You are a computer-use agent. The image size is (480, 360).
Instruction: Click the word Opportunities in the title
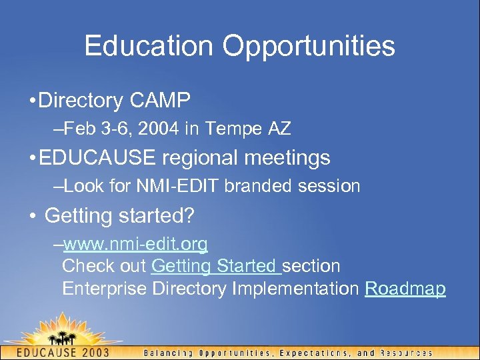coord(309,47)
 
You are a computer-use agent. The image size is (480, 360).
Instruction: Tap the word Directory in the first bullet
coord(81,101)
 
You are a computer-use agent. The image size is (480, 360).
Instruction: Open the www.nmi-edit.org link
coord(135,245)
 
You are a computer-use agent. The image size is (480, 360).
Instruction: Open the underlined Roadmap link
coord(405,289)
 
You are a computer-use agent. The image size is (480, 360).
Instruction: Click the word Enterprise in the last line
coord(105,289)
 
